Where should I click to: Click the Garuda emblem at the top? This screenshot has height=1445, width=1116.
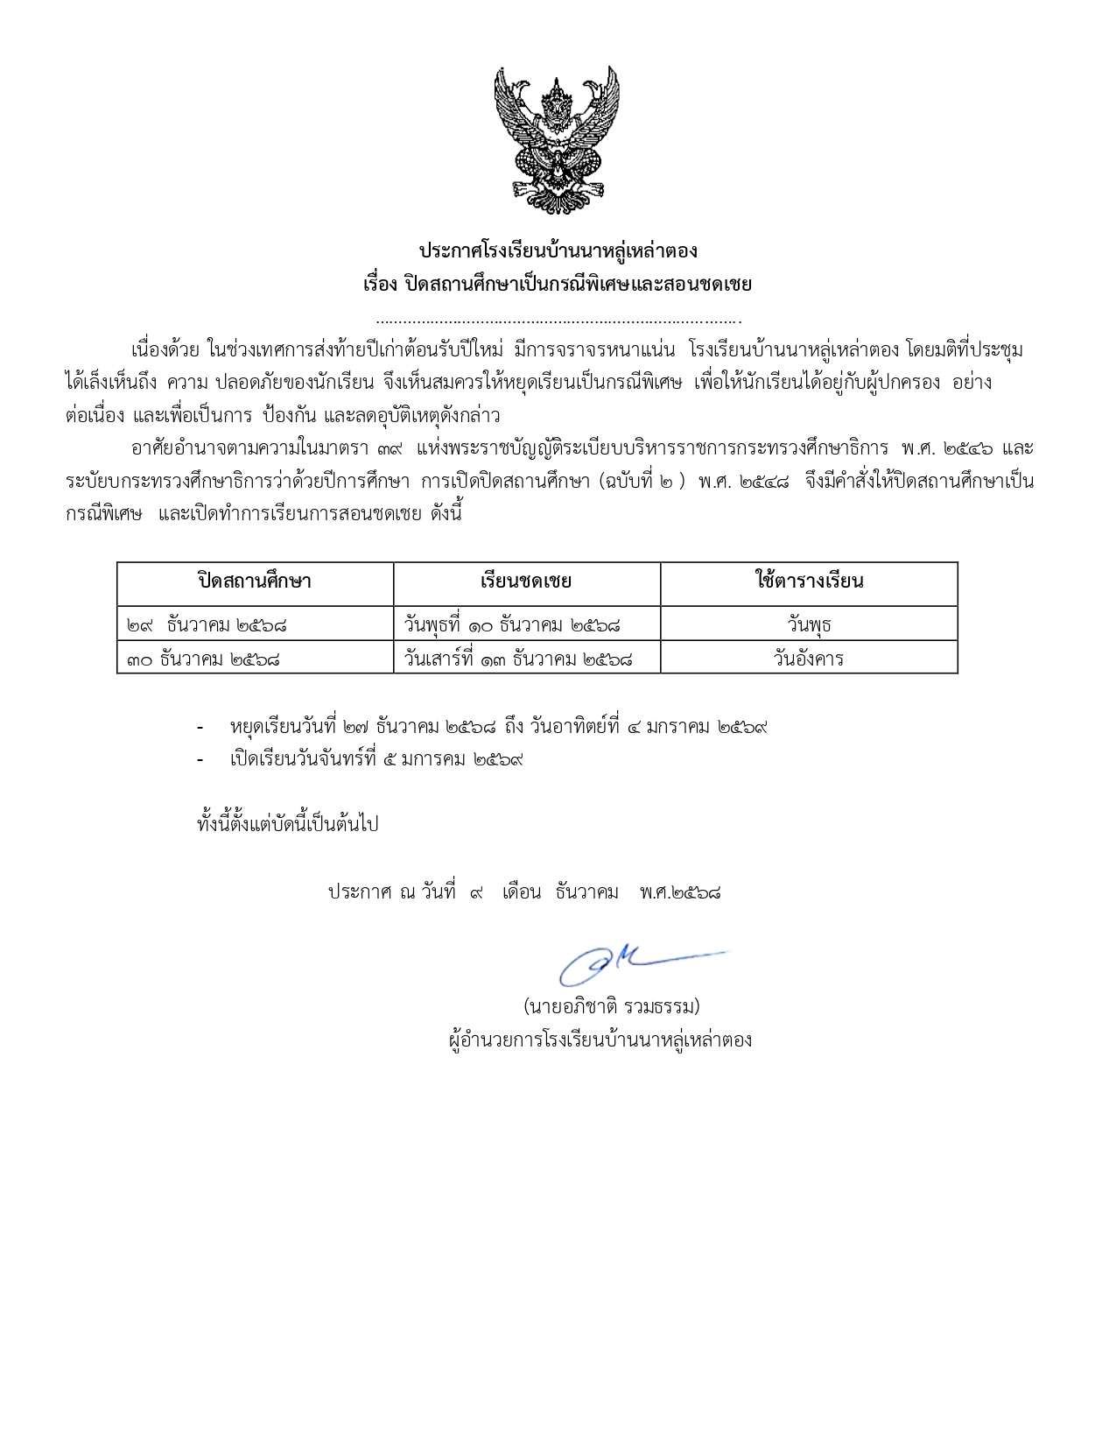[557, 140]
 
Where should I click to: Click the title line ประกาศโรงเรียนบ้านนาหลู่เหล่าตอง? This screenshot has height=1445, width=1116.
[558, 251]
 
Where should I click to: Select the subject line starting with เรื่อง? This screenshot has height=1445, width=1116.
[558, 285]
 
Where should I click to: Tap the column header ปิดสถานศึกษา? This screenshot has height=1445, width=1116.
[255, 582]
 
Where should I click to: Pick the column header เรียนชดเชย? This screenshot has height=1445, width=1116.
[526, 582]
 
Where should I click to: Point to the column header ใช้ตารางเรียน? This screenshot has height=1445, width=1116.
[809, 582]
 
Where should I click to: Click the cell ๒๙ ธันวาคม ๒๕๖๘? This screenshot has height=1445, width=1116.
[207, 625]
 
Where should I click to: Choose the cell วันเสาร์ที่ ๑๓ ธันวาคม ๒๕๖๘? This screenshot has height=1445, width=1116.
[518, 659]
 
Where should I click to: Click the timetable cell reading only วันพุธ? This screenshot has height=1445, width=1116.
[809, 625]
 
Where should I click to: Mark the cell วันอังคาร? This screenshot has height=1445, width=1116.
[809, 659]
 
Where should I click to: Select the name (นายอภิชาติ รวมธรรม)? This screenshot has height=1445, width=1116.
[611, 1006]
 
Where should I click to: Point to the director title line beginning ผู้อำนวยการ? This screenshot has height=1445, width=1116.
[600, 1040]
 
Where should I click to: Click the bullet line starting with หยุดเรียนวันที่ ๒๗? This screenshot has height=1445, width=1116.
[498, 727]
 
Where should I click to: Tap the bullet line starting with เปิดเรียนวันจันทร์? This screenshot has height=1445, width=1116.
[376, 759]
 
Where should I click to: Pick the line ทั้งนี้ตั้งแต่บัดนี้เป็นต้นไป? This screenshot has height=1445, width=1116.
[288, 825]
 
